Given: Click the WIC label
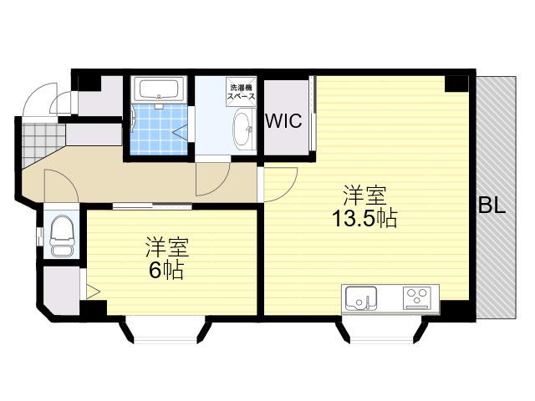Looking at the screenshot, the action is (283, 120).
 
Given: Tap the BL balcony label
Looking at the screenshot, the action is (492, 206).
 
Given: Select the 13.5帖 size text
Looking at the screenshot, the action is (364, 218).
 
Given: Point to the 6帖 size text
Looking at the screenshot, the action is (166, 271).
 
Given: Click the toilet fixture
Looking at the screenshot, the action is (62, 236).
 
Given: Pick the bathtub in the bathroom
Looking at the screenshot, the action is (160, 89).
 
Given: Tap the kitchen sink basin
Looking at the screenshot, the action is (361, 298).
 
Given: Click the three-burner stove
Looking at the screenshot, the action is (417, 298).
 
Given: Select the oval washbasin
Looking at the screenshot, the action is (244, 129).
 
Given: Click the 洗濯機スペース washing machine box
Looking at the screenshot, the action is (242, 90).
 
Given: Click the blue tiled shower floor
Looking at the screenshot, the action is (159, 129).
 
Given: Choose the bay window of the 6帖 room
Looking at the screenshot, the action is (166, 330).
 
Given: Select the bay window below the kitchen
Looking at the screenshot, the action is (382, 330).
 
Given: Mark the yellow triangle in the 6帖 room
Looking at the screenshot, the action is (93, 292).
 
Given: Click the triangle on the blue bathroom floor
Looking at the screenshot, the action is (181, 132).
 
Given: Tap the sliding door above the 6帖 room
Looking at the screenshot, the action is (152, 206).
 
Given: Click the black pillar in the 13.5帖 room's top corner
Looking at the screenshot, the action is (456, 84).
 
